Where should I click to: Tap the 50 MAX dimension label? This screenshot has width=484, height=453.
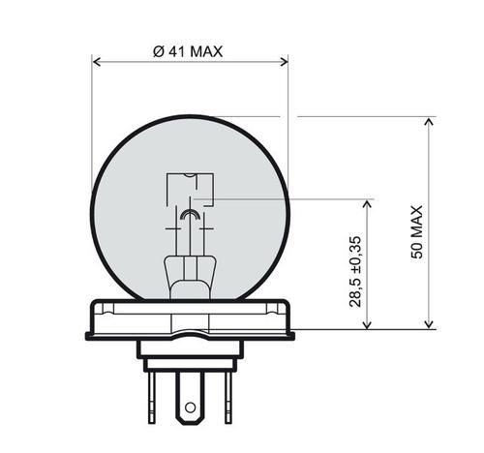coord(417,230)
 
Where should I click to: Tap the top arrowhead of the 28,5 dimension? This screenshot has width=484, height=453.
coord(368,205)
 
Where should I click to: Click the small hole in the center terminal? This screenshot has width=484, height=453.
coord(191,408)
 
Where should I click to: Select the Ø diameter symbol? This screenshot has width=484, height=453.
coord(158,51)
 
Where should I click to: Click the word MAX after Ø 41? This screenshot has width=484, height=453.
coord(205,51)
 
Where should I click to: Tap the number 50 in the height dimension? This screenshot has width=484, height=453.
coord(417,249)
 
